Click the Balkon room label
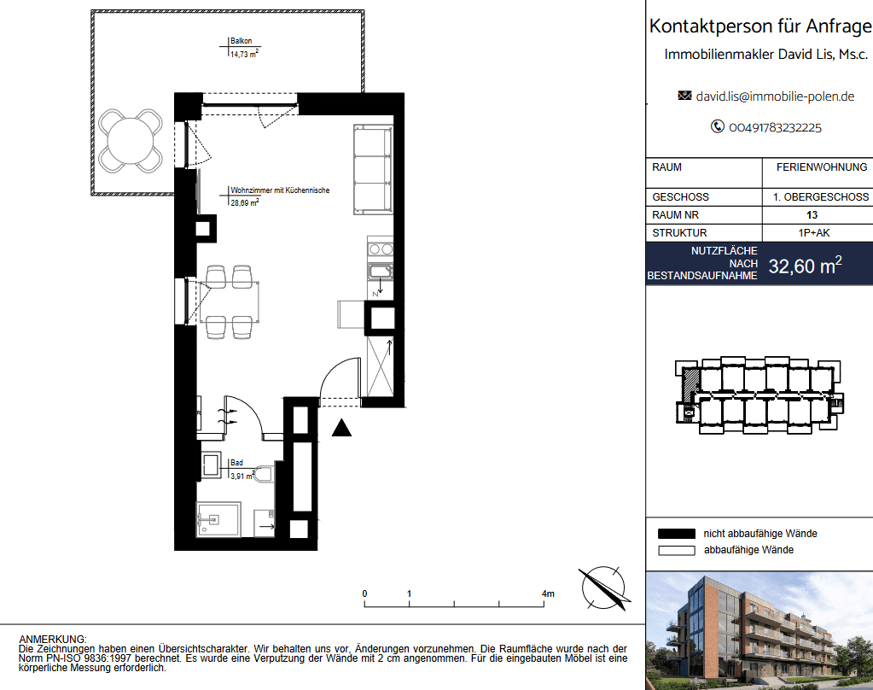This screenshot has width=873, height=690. [x=241, y=41]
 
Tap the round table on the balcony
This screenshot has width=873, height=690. [x=131, y=140]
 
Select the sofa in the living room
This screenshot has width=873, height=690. [x=373, y=169]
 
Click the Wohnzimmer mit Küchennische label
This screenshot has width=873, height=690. [x=280, y=190]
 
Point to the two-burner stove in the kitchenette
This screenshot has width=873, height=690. [x=381, y=249]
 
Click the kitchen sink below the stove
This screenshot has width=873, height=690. [x=381, y=272]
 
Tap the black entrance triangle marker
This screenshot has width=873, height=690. [x=342, y=429]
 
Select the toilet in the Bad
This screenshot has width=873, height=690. [x=264, y=474]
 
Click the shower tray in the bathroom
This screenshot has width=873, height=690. [x=218, y=519]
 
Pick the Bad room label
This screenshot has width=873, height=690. [x=236, y=463]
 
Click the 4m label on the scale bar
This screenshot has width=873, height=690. [x=548, y=594]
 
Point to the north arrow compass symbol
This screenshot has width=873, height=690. [x=604, y=588]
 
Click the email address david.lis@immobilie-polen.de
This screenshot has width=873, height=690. [x=775, y=96]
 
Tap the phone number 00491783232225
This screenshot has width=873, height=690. [x=775, y=127]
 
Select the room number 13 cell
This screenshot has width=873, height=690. [x=812, y=215]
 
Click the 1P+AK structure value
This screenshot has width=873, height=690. [x=814, y=233]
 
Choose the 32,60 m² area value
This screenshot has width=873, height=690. [x=805, y=266]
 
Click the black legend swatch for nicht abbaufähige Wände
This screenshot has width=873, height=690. [x=677, y=534]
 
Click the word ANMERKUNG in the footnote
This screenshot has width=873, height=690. [x=52, y=640]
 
